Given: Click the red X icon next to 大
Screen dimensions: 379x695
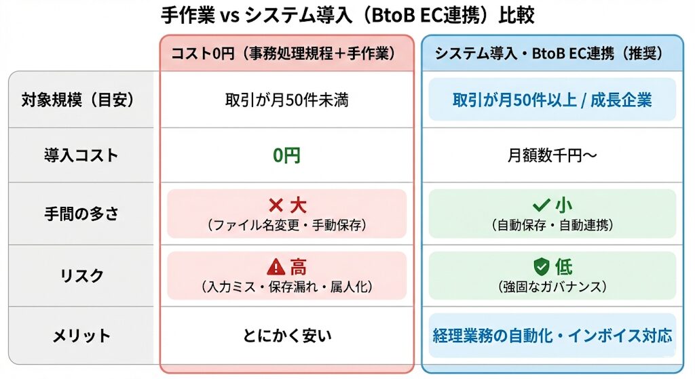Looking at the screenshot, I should pyautogui.click(x=275, y=205).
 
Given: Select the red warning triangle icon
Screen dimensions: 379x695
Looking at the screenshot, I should pyautogui.click(x=276, y=267).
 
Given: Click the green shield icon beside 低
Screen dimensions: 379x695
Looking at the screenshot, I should pyautogui.click(x=541, y=266).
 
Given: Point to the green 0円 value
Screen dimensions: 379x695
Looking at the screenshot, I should pyautogui.click(x=286, y=156).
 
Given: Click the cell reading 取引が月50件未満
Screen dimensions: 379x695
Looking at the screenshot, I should pyautogui.click(x=286, y=100).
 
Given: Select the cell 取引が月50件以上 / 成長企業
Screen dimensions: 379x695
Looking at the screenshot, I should pyautogui.click(x=552, y=100).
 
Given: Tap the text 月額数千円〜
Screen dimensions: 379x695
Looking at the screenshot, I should pyautogui.click(x=552, y=156).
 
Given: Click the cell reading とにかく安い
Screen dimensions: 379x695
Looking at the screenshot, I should pyautogui.click(x=286, y=335).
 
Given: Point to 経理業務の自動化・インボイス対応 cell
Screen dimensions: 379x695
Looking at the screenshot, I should pyautogui.click(x=552, y=335).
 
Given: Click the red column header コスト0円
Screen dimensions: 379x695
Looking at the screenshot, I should pyautogui.click(x=286, y=53).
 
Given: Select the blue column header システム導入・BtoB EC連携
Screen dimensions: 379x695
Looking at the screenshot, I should pyautogui.click(x=552, y=53).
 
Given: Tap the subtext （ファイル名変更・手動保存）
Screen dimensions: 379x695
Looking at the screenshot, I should pyautogui.click(x=286, y=225).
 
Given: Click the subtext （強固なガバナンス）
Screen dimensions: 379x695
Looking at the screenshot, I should pyautogui.click(x=552, y=286).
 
